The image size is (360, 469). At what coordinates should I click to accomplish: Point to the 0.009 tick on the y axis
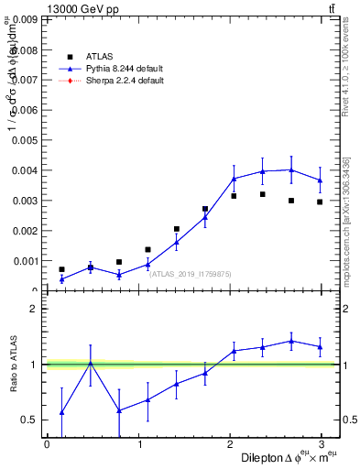(26, 18)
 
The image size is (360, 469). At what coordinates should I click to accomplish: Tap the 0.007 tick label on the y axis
(26, 80)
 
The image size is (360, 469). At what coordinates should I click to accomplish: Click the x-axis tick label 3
(323, 444)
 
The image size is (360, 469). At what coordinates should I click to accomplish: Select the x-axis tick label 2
(231, 444)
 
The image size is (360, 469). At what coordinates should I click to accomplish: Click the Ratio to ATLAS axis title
(13, 365)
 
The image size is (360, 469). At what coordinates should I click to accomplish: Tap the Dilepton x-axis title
(278, 457)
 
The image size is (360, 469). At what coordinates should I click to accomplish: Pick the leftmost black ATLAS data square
(61, 269)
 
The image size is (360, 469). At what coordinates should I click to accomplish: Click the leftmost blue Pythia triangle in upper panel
(61, 279)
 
